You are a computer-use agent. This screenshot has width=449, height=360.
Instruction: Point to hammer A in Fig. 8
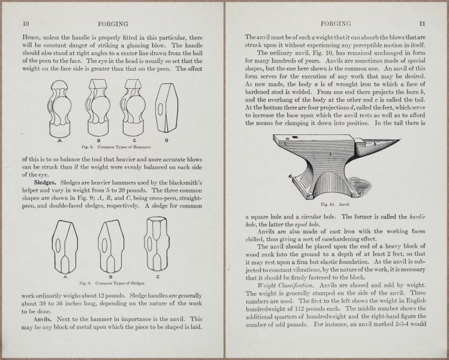click(x=61, y=111)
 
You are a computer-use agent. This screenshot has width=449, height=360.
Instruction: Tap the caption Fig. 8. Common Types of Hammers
click(x=116, y=146)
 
